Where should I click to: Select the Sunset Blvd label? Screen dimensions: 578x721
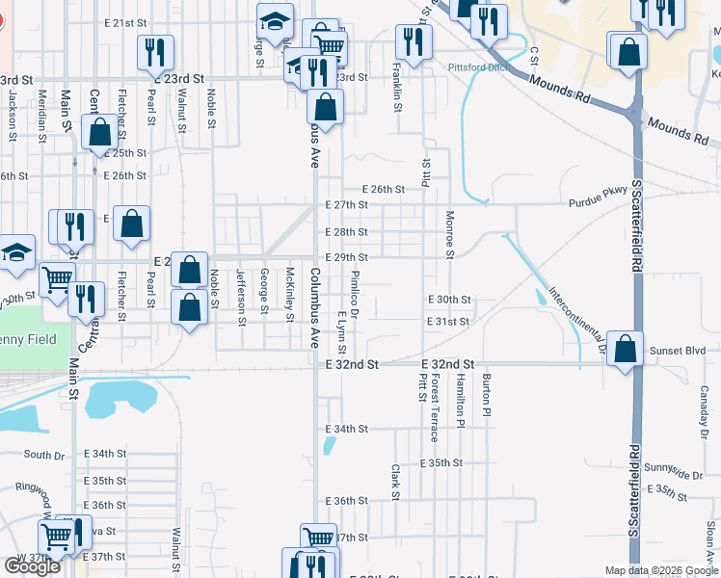tap(672, 351)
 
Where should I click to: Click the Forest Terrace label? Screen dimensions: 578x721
tap(436, 409)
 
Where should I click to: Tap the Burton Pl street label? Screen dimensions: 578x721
tap(487, 395)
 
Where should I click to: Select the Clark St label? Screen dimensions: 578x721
tap(395, 483)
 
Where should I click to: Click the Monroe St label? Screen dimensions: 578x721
tap(449, 235)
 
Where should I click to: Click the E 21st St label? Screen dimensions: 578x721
tap(126, 23)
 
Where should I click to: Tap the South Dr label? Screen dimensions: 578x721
tap(44, 455)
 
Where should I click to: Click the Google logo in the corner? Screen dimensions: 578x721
tap(32, 566)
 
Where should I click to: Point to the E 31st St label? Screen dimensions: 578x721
tap(449, 322)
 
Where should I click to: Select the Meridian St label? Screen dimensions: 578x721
tap(41, 116)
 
